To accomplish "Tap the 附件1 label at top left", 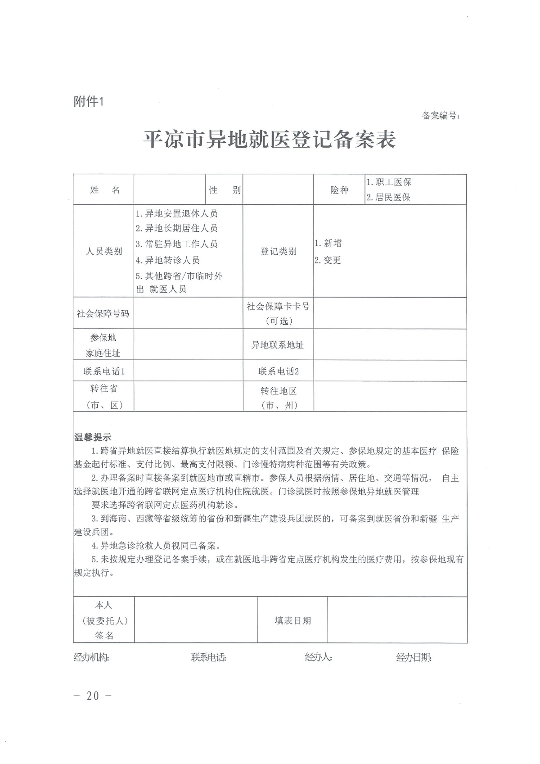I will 89,102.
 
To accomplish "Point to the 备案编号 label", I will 441,116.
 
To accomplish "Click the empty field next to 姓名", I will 170,190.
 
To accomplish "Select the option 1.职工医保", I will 389,182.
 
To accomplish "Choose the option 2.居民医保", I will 388,197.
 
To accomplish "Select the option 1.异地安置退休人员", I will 177,213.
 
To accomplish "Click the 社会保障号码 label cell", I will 103,313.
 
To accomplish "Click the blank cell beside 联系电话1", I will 188,371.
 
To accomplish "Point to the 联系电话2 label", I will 279,371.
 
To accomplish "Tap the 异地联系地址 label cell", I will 278,345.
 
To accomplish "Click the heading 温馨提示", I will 92,437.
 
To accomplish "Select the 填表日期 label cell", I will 292,620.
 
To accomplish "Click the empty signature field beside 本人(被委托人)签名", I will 196,620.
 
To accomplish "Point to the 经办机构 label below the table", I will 91,657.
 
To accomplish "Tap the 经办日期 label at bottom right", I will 414,658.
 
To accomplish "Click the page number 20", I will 93,696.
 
